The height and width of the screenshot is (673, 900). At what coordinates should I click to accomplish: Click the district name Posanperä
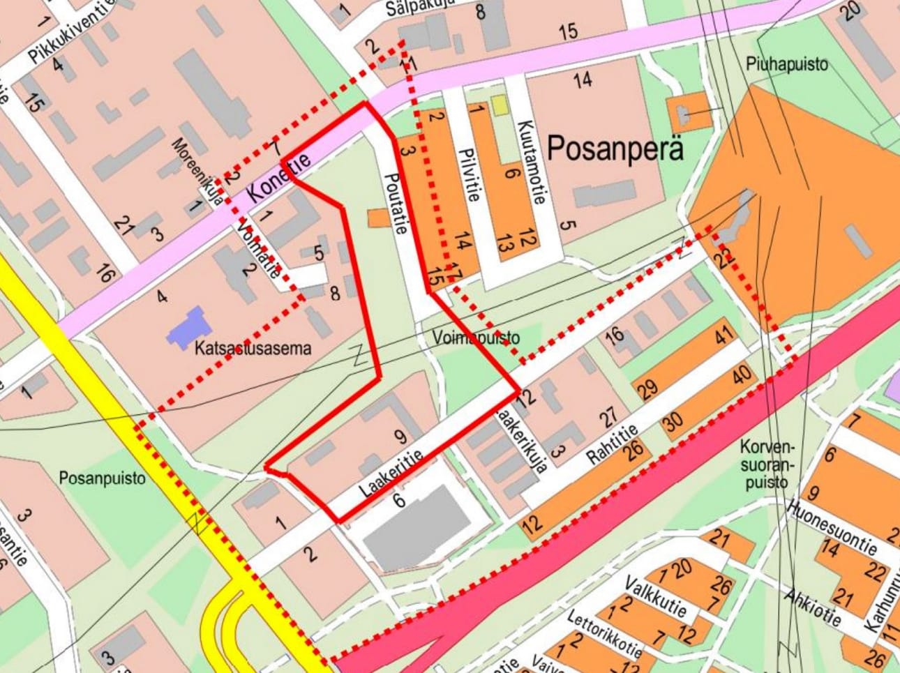[615, 149]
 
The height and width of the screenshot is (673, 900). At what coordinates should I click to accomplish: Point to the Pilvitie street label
[467, 174]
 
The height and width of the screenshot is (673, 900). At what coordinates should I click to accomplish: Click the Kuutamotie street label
[530, 161]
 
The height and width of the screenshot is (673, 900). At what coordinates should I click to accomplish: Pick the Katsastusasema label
[253, 348]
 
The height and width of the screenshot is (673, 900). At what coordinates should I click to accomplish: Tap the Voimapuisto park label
[476, 338]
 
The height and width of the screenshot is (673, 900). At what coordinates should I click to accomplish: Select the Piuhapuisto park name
[786, 64]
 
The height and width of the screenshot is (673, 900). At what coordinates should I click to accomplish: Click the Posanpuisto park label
[102, 478]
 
